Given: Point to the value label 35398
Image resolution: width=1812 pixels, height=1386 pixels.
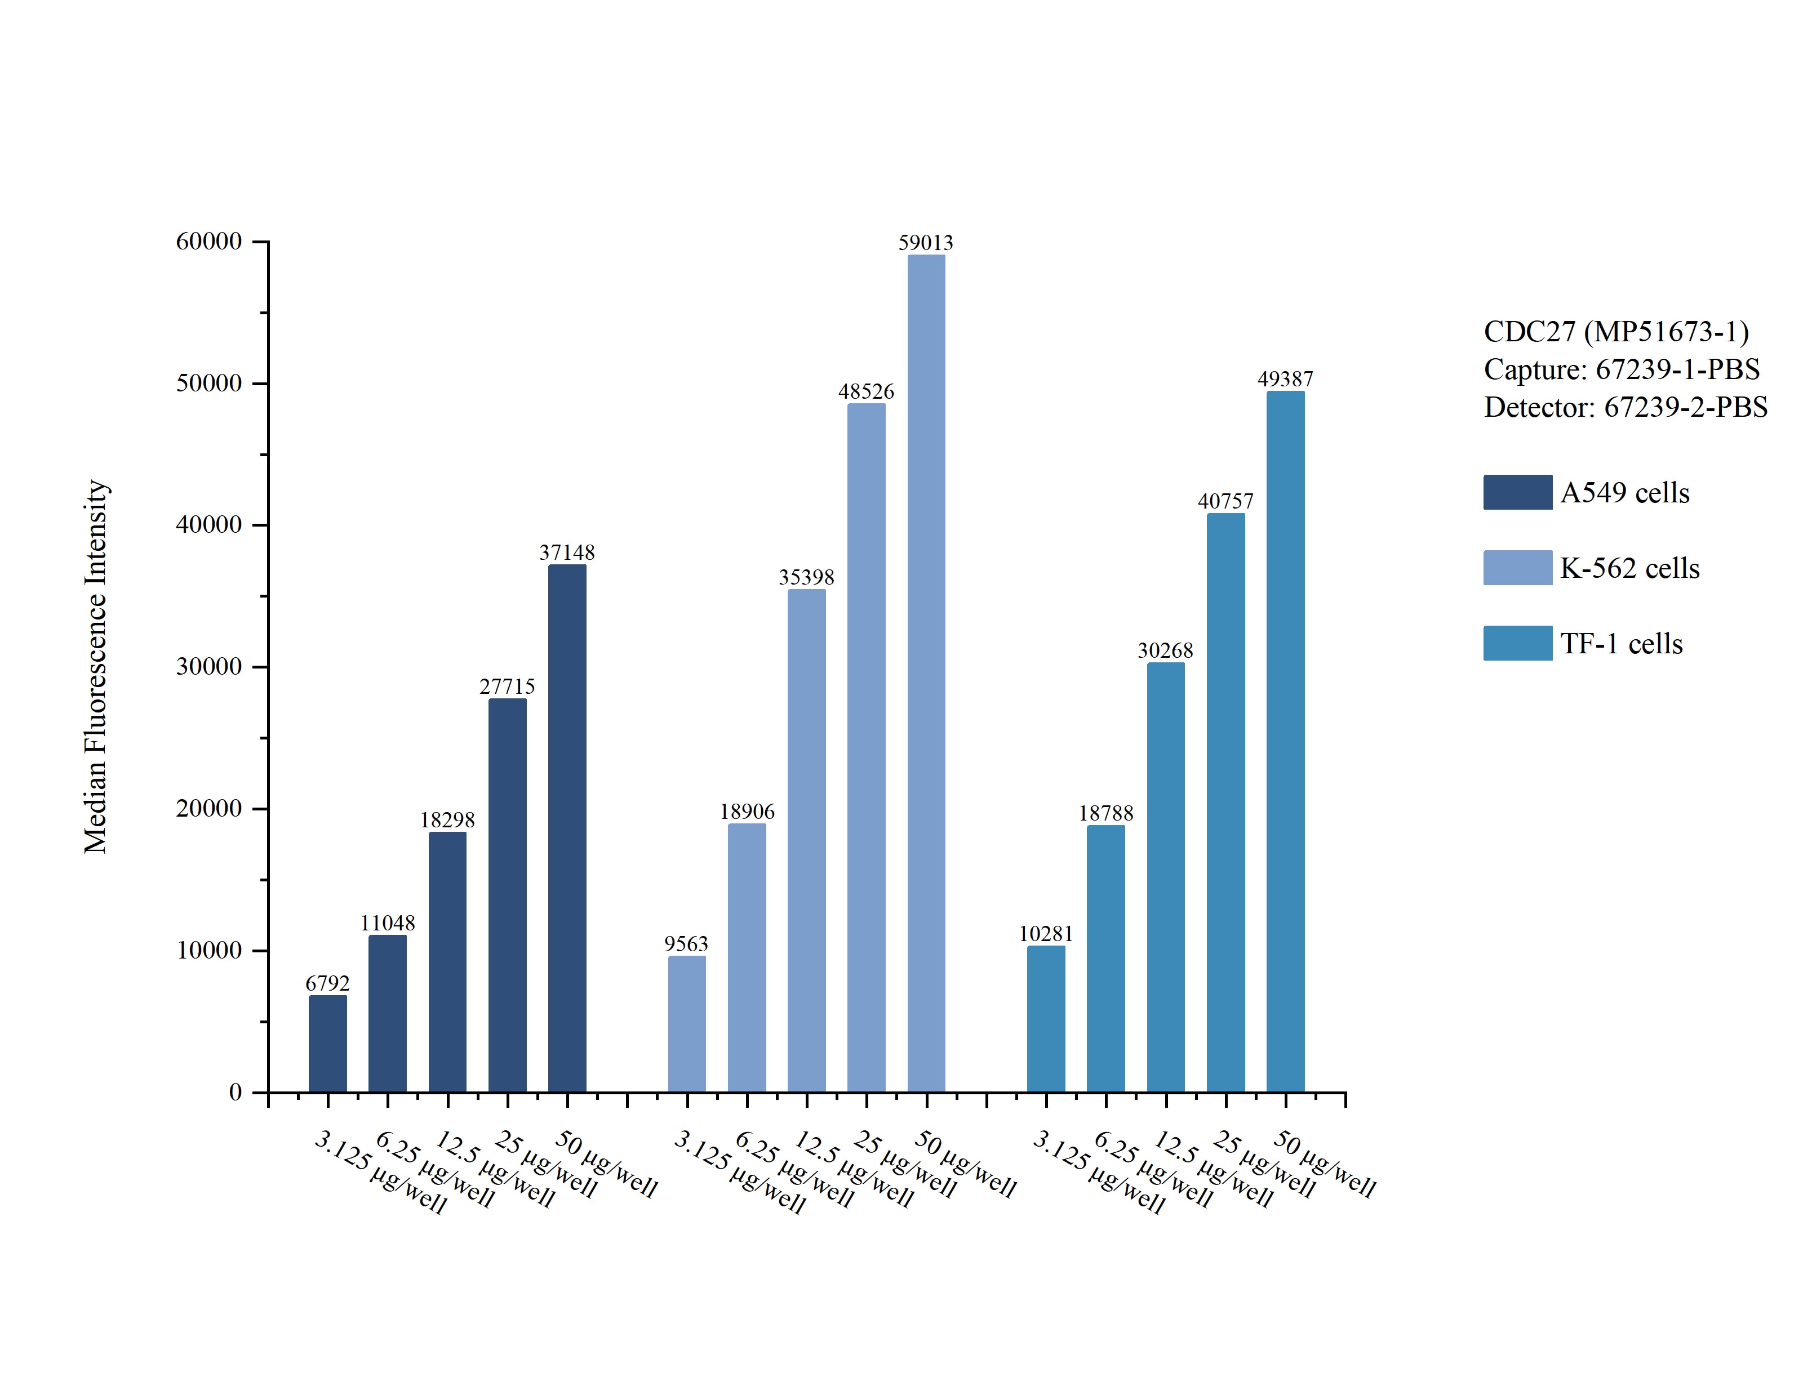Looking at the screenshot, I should pos(806,577).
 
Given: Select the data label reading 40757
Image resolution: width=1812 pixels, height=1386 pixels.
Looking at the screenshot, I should pos(1225,502).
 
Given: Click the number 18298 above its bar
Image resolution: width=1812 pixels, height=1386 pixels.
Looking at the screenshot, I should pos(447,820).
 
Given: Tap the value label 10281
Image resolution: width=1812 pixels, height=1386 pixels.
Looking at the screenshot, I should pos(1045,934).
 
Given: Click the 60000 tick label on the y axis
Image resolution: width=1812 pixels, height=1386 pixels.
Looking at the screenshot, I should pos(209,242).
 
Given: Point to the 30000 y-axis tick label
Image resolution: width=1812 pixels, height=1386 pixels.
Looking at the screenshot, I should pos(209,667).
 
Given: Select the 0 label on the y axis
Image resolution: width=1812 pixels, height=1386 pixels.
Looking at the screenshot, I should pos(235,1093).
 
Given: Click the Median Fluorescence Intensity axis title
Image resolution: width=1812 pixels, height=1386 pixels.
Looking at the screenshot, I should pos(96,667).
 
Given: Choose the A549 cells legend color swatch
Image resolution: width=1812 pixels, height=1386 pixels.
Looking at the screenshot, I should pos(1517,493).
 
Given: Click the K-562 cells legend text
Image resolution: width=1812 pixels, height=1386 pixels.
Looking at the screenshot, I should pos(1629,568).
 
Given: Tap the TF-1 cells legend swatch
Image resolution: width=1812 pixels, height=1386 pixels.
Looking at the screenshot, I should pos(1517,644).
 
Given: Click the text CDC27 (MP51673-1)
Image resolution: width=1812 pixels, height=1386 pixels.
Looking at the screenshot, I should pos(1615,332).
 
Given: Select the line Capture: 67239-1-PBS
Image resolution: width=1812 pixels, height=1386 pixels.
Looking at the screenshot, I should pos(1622,369).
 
